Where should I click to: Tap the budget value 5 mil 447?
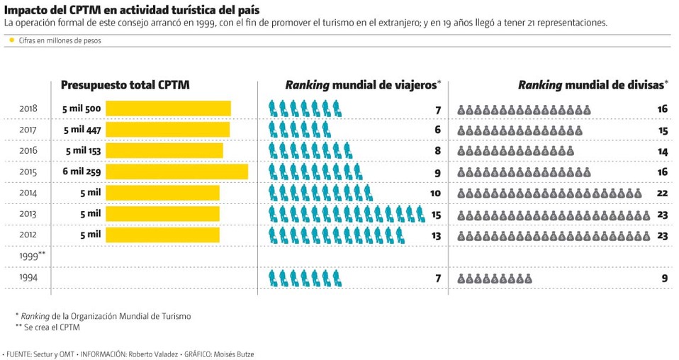pos(84,130)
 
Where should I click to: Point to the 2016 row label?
pos(28,151)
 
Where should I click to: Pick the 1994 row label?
pos(28,279)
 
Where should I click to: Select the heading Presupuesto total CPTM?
pos(125,85)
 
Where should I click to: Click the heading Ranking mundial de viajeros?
pos(362,85)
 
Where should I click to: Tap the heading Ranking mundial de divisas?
pos(592,85)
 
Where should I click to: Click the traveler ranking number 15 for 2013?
pos(435,214)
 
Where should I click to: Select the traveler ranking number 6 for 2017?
pos(438,130)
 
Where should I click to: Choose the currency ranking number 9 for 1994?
pos(665,279)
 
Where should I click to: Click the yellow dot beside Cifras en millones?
pos(12,40)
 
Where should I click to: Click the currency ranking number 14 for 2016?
pos(663,151)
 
